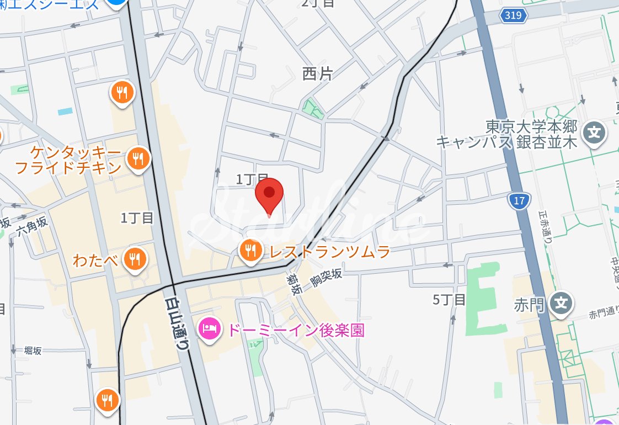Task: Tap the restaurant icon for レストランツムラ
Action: click(250, 251)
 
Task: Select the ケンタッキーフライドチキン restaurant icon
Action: click(137, 159)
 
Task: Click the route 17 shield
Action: click(519, 201)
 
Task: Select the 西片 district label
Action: click(318, 73)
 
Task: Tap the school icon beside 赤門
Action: click(561, 303)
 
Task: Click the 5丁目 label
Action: click(449, 300)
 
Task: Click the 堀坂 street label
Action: click(33, 350)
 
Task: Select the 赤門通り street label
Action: click(602, 314)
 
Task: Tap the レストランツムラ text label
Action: click(329, 252)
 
